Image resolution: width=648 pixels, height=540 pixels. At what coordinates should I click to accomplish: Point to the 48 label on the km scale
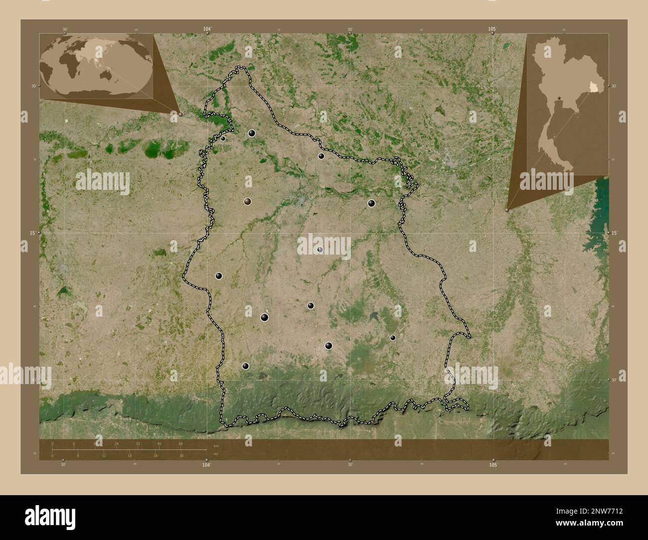tap(180, 443)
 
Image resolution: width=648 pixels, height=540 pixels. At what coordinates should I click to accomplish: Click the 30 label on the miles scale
tap(181, 456)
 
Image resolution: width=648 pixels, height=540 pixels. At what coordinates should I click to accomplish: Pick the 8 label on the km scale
tap(74, 443)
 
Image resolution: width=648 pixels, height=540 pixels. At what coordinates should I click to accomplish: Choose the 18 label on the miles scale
tap(130, 456)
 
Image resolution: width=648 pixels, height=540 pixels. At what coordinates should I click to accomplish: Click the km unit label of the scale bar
tap(216, 445)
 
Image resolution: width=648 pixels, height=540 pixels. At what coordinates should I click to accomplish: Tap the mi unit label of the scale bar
tap(215, 454)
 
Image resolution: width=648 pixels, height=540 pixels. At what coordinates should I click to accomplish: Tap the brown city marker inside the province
tap(248, 202)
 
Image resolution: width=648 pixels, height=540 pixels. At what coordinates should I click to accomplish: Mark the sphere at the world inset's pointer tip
tap(180, 114)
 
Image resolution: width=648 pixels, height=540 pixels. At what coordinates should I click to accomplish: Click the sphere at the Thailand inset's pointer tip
tap(507, 210)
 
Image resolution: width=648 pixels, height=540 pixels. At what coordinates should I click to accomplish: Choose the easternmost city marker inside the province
tap(393, 338)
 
